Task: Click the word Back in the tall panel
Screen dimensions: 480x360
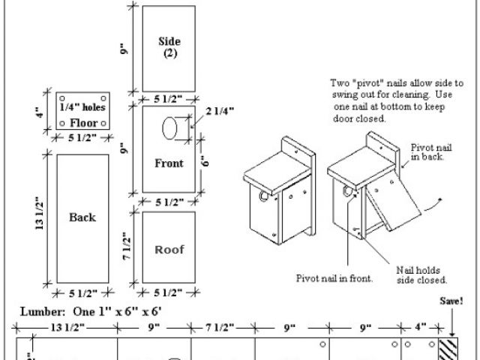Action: [x=82, y=217]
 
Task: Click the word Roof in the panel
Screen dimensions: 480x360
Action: [x=169, y=250]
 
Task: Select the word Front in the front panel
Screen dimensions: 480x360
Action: [x=169, y=163]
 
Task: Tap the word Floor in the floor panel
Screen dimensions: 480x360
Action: [x=84, y=123]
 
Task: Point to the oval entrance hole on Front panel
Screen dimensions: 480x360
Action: [x=169, y=128]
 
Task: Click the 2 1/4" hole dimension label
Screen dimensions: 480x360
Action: [x=220, y=111]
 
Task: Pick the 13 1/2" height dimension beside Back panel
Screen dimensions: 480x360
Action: [x=39, y=213]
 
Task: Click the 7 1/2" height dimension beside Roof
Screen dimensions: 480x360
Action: [x=127, y=246]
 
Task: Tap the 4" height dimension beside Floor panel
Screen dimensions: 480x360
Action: [x=39, y=112]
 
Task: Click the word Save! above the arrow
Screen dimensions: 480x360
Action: [x=451, y=301]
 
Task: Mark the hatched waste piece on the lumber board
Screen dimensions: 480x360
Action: [x=448, y=349]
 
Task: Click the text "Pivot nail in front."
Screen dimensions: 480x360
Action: [x=334, y=278]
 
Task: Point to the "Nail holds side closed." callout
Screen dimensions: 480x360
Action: [x=421, y=275]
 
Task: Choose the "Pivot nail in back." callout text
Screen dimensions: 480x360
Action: [x=431, y=152]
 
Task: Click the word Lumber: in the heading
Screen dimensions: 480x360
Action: [x=43, y=312]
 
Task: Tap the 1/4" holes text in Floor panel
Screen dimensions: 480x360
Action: [x=82, y=107]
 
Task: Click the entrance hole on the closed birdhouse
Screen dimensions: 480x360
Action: [x=263, y=196]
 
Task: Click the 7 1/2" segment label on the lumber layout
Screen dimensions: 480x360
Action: [x=220, y=328]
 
